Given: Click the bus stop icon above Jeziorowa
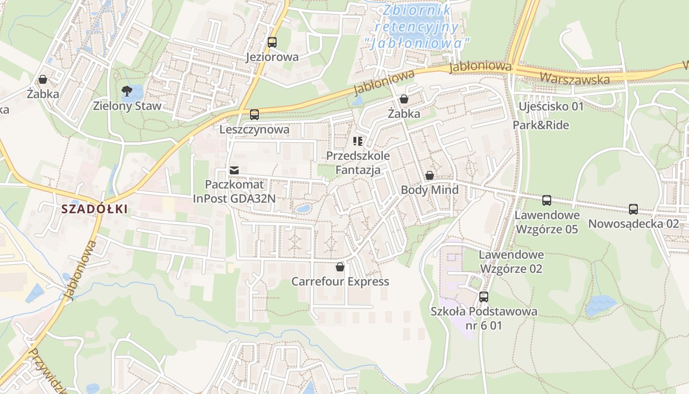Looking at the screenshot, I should (272, 42).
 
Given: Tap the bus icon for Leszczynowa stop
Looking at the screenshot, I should (254, 115).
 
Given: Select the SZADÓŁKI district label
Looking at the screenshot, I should (94, 209).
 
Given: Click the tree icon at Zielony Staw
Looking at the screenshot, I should (126, 91).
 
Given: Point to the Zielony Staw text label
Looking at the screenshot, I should (127, 106).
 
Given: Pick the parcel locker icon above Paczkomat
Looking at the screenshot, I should (234, 170).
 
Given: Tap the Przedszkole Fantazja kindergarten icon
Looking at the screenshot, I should (358, 142).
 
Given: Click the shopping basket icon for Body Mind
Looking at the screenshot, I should (430, 175).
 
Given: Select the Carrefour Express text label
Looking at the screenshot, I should (340, 282).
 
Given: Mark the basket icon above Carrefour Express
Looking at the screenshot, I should (340, 267).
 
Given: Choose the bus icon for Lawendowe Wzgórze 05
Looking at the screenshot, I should (547, 200).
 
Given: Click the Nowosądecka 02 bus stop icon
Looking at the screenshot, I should (633, 209).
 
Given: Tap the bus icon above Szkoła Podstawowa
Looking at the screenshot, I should (484, 297).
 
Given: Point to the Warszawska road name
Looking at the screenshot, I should (574, 78).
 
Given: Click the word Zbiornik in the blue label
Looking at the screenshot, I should (417, 10).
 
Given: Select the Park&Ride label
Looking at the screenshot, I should (541, 125).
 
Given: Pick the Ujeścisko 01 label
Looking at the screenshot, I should (551, 106).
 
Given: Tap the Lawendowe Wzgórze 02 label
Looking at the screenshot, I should (511, 262).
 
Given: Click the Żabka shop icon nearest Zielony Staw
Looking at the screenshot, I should (43, 79).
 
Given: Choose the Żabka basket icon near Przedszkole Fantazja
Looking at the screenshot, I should (404, 99).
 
